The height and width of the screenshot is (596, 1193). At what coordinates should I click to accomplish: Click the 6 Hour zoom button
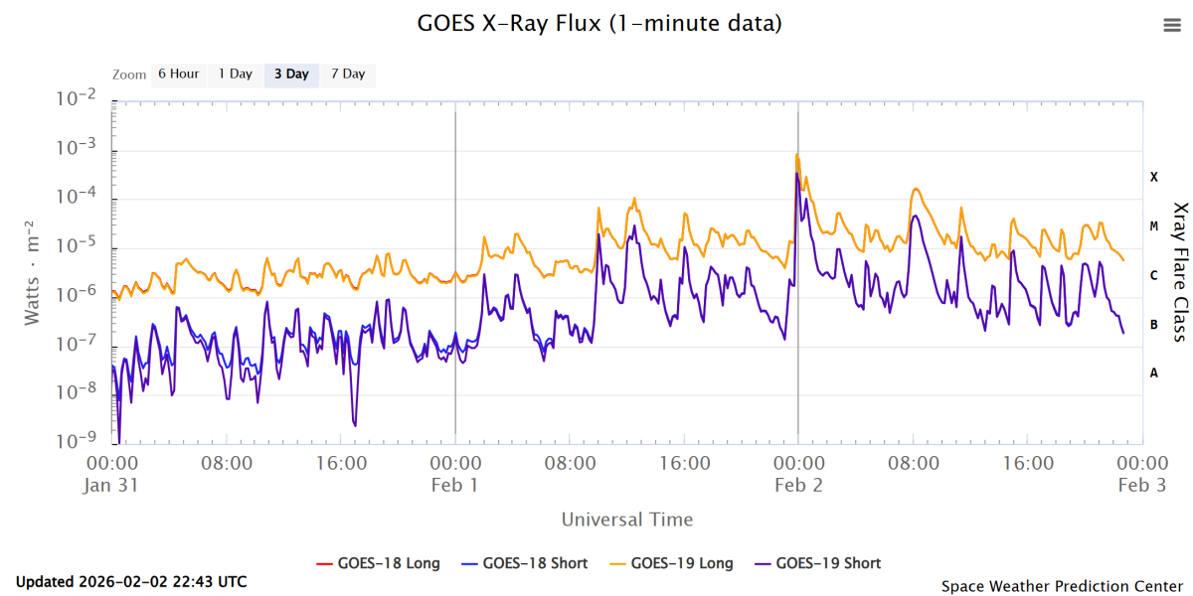[x=178, y=74]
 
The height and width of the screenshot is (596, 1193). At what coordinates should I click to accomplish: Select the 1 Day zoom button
[x=236, y=74]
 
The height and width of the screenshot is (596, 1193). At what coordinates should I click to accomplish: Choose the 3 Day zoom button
[x=291, y=74]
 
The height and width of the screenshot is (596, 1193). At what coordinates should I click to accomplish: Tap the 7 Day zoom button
[x=348, y=74]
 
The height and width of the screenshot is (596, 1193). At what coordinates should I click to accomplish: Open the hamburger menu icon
[x=1171, y=26]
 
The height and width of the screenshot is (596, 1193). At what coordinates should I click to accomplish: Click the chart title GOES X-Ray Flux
[x=599, y=23]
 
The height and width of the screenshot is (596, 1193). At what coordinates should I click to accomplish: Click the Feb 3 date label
[x=1141, y=485]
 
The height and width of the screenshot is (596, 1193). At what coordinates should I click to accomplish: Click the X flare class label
[x=1154, y=177]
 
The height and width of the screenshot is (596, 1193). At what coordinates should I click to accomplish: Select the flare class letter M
[x=1154, y=226]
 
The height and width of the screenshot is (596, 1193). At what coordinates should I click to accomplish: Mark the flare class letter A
[x=1154, y=372]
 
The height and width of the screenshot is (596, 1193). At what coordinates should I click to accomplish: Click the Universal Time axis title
[x=627, y=520]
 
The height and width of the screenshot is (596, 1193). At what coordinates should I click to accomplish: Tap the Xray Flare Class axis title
[x=1180, y=271]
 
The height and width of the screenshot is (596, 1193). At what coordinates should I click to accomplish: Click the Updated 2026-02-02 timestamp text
[x=131, y=582]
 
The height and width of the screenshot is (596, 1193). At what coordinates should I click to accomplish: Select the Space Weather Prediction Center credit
[x=1063, y=586]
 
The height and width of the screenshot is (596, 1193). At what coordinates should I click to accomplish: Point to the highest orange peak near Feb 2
[x=797, y=155]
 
